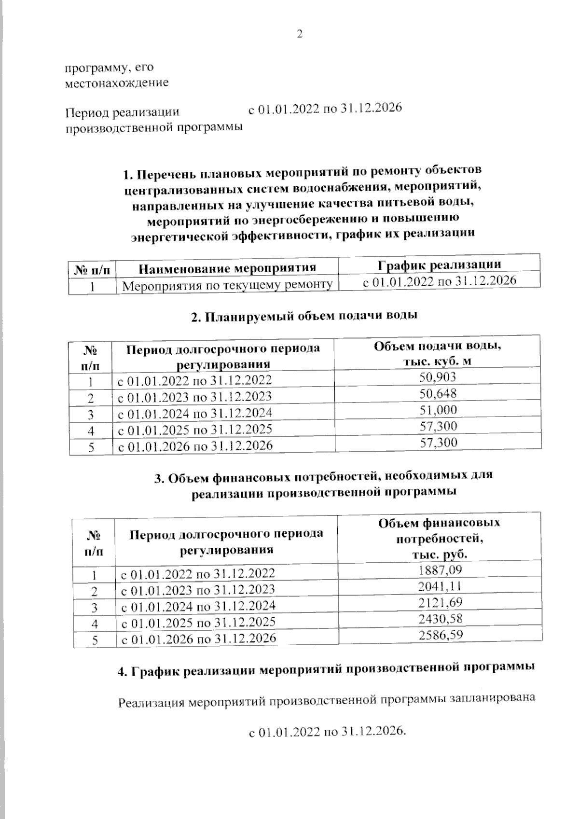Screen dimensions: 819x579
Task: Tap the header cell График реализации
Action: coord(439,264)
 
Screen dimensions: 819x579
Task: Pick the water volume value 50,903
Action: coord(438,377)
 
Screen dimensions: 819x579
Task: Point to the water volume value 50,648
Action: coord(438,393)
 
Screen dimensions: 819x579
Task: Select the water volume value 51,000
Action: coord(438,410)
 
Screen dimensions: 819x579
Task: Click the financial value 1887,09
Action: coord(441,570)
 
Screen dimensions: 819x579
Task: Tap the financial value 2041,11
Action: coord(441,586)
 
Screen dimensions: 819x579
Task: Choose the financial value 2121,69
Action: coord(441,602)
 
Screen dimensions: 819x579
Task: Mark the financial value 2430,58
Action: coord(441,619)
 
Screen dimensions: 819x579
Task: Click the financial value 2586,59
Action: coord(441,635)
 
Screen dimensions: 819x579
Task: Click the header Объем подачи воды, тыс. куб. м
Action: coord(438,353)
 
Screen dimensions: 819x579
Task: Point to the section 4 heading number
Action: coord(122,671)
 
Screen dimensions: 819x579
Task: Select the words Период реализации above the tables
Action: coord(122,112)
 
